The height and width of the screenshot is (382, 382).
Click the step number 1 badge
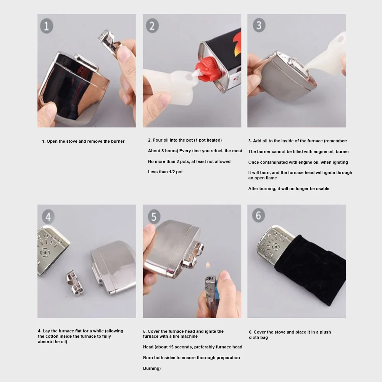click(47, 26)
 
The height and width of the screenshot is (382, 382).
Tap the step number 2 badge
click(152, 26)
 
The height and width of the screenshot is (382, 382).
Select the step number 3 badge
click(259, 25)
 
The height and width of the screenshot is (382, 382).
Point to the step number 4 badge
click(48, 217)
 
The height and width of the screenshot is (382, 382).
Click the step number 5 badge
click(153, 217)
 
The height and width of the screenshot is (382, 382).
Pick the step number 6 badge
click(258, 216)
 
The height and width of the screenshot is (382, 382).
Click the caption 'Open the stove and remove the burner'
click(83, 141)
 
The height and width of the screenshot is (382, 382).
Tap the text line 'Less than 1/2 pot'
click(165, 172)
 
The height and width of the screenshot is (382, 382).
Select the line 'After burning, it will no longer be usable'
click(289, 189)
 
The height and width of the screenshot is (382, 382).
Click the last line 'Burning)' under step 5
click(152, 368)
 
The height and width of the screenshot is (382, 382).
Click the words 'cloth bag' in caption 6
click(258, 337)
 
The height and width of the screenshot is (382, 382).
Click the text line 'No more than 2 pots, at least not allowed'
click(189, 161)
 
